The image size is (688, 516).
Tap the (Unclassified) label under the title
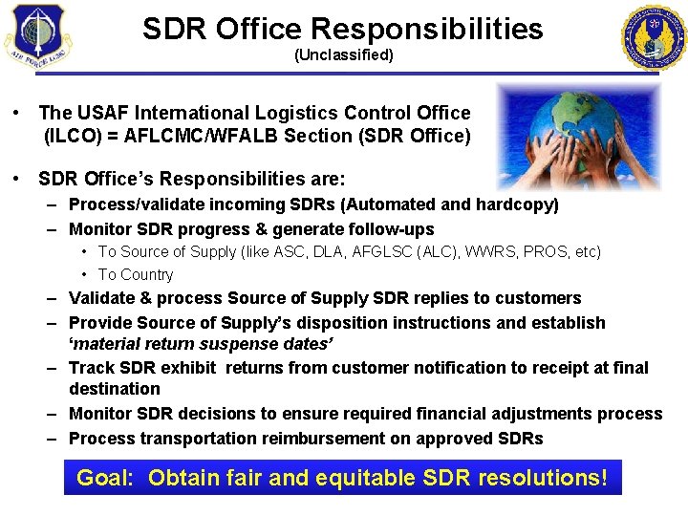[x=343, y=54]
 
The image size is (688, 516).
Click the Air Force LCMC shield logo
[x=36, y=37]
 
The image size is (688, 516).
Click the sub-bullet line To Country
[x=135, y=275]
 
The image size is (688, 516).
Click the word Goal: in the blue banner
[x=105, y=477]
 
